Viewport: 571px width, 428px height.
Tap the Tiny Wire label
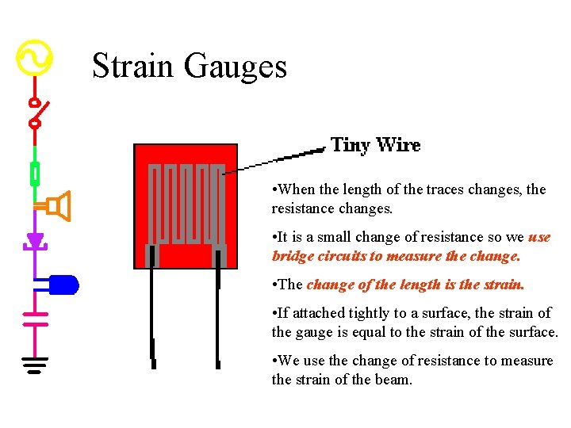(375, 145)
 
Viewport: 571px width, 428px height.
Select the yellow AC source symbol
(35, 58)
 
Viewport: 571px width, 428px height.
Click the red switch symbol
(36, 113)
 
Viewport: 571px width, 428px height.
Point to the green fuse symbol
(35, 173)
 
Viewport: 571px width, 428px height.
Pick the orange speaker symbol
(58, 206)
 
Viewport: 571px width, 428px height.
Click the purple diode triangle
(35, 240)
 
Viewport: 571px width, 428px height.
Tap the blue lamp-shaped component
(63, 284)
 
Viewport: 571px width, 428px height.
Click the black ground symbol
(35, 365)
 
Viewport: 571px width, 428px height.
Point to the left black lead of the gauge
(151, 317)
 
